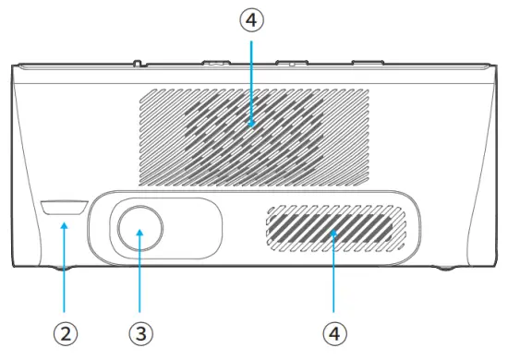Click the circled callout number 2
(x=64, y=330)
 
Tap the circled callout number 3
(x=139, y=330)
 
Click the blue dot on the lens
(x=139, y=233)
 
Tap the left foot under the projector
(x=65, y=269)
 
